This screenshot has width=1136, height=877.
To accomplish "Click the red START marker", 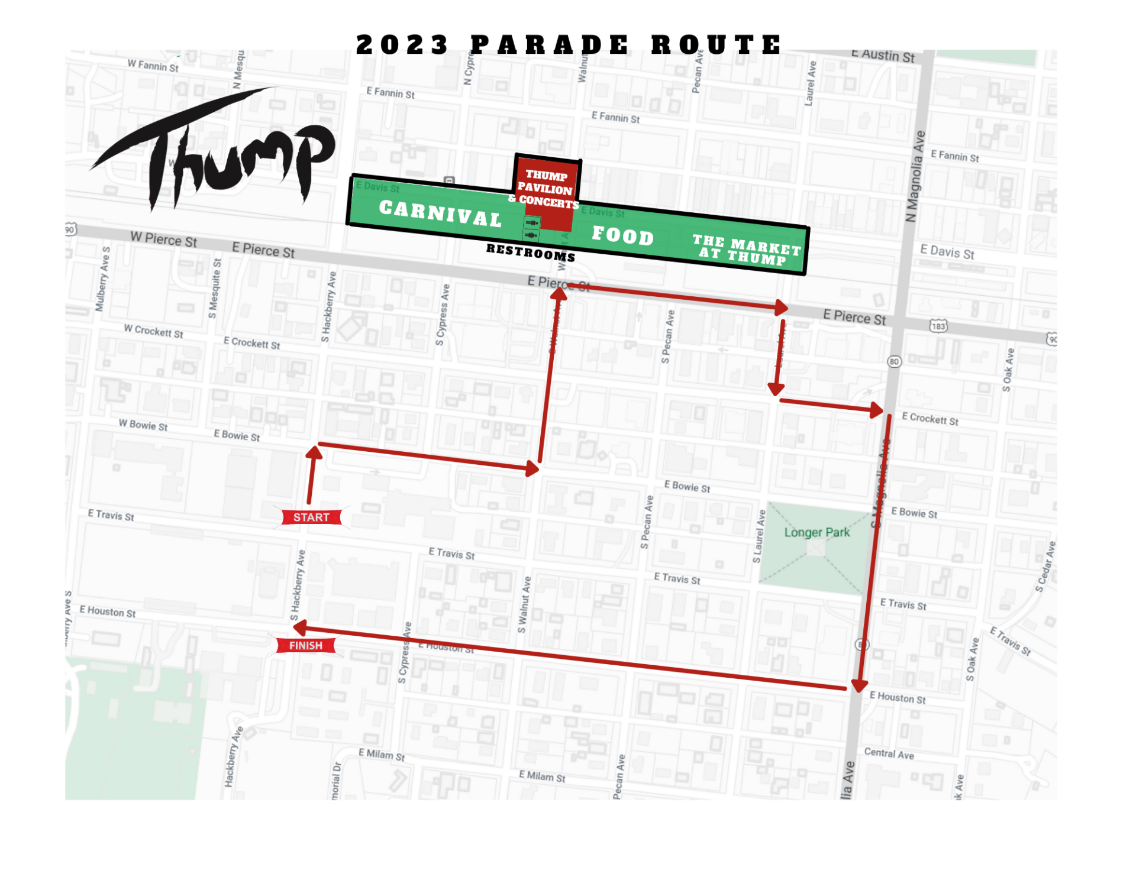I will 311,517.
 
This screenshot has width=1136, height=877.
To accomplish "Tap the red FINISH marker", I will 305,645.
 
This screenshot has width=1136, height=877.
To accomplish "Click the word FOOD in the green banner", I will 622,235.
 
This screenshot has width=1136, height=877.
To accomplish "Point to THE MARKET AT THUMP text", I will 746,250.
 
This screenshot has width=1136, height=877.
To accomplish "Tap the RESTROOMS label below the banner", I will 530,253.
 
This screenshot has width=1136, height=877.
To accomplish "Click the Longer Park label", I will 816,532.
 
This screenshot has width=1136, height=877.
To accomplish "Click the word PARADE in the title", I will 550,45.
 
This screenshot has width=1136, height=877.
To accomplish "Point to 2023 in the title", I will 402,45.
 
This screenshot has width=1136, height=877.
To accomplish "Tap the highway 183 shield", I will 938,326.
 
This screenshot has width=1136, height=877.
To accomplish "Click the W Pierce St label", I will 164,240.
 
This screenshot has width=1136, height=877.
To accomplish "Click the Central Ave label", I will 889,753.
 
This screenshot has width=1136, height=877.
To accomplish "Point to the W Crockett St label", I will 153,331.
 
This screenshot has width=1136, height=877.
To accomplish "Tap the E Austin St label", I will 883,55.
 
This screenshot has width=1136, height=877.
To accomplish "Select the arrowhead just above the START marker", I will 314,453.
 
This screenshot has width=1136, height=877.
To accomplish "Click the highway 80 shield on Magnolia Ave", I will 894,361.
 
